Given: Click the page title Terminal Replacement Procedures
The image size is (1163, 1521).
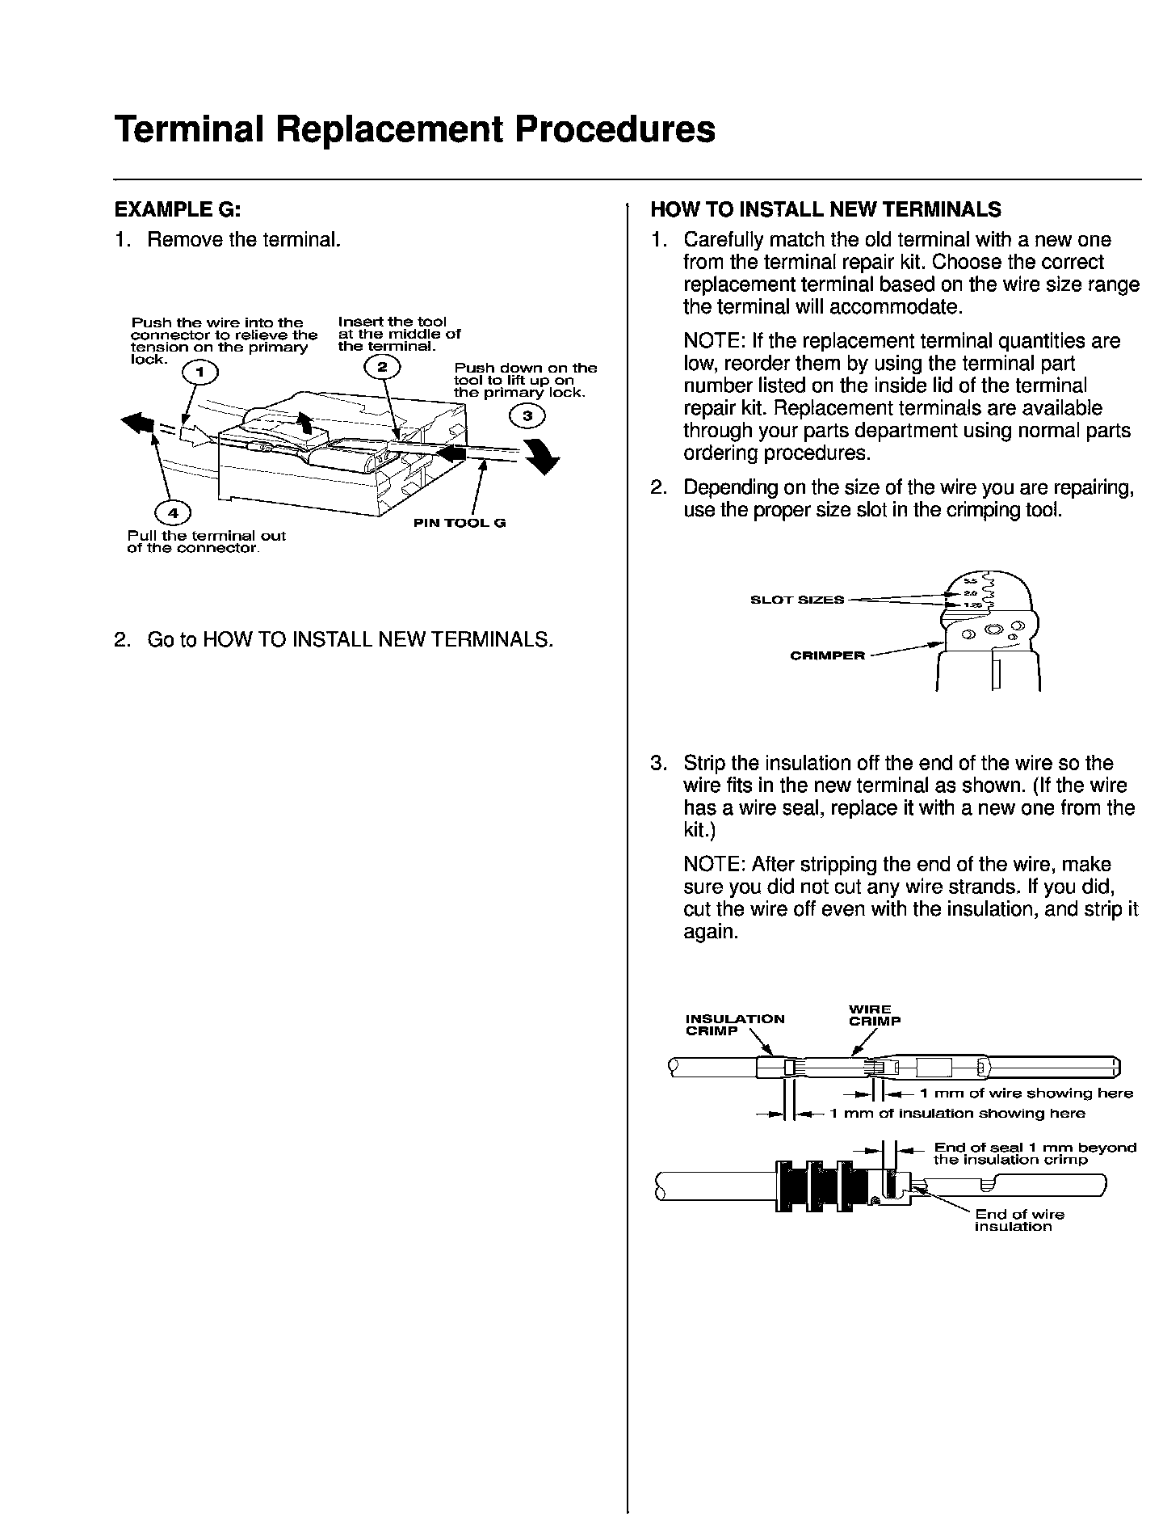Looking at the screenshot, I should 414,129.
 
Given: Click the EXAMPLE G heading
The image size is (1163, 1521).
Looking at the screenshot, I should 178,210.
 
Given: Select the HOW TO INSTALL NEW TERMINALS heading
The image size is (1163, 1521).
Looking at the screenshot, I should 825,210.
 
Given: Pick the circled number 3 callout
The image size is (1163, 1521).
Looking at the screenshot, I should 527,415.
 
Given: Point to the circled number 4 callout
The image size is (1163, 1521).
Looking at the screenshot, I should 173,513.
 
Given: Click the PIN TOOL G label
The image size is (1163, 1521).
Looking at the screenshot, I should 460,523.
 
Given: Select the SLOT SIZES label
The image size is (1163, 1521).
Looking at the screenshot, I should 797,600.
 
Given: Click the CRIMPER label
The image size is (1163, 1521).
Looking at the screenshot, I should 827,655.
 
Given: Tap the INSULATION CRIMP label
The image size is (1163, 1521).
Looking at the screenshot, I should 734,1025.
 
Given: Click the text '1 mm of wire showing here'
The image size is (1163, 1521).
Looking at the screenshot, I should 1027,1093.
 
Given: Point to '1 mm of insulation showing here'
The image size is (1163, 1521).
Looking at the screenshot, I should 957,1114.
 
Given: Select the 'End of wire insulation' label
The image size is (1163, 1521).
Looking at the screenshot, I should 1018,1220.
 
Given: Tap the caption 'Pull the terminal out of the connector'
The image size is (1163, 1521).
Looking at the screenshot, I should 206,542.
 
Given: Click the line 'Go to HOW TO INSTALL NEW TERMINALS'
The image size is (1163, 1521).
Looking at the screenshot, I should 350,640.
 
